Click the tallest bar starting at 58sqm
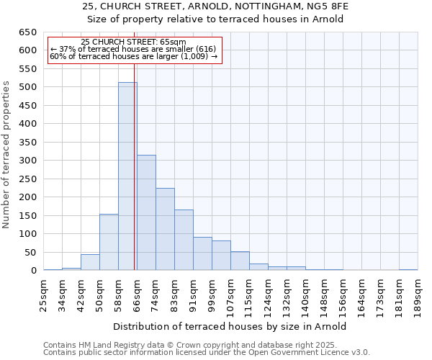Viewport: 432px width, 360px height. coord(127,176)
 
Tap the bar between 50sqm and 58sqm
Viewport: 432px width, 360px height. coord(109,242)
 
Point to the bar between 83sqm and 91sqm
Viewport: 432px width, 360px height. coord(184,240)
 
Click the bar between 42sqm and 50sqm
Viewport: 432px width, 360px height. coord(90,262)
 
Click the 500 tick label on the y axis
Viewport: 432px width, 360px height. coord(27,87)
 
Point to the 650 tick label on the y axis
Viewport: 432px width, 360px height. coord(27,32)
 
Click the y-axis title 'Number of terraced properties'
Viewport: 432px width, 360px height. coord(6,155)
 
